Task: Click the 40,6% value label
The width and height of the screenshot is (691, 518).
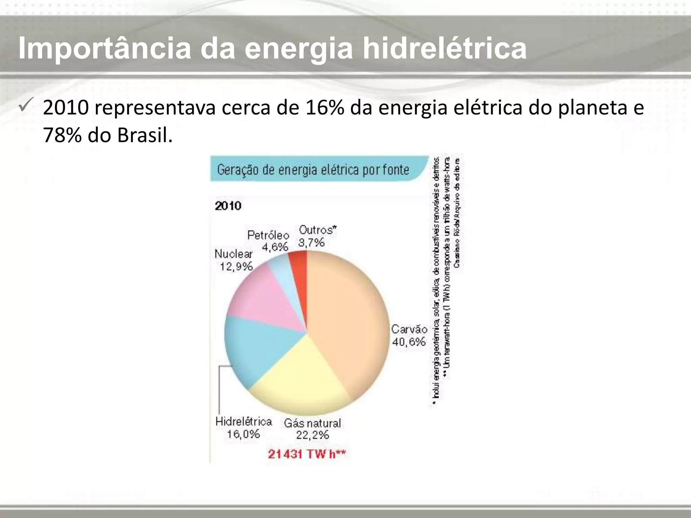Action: point(409,342)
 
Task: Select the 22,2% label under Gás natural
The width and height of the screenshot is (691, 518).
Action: point(312,435)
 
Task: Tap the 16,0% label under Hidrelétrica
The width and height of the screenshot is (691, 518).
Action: point(243,434)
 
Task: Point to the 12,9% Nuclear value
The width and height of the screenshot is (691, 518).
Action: point(236,267)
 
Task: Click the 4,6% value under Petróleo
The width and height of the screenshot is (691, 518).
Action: point(275,247)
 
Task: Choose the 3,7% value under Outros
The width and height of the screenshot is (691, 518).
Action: point(311,242)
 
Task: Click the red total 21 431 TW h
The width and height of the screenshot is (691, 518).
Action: point(307,454)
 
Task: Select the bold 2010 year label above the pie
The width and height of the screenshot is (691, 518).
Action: point(228,206)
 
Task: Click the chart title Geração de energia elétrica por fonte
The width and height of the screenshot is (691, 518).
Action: point(313,170)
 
